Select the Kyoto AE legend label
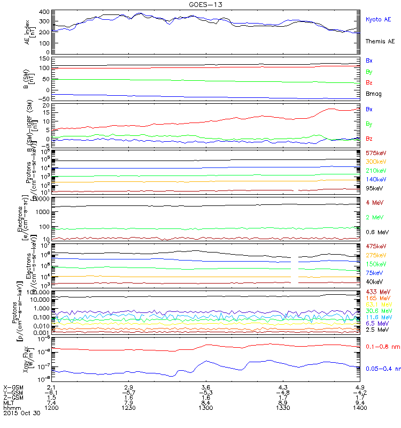click(x=378, y=20)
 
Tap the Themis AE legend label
click(x=380, y=41)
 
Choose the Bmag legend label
click(x=373, y=93)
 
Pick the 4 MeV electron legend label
click(x=374, y=202)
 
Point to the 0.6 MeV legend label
click(x=376, y=232)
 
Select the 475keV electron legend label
click(x=376, y=246)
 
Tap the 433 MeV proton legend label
click(x=377, y=292)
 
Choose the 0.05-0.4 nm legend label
click(x=381, y=369)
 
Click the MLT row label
click(x=8, y=402)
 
